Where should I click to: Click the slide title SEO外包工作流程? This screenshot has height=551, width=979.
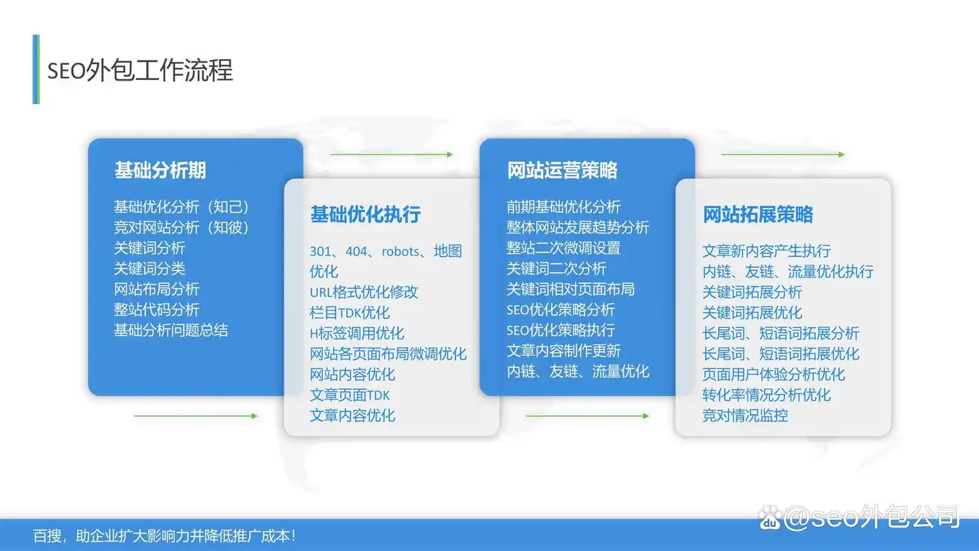(140, 70)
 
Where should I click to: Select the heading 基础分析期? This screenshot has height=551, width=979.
(160, 170)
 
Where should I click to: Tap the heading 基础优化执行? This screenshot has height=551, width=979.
(365, 214)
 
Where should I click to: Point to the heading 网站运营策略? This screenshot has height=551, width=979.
(562, 170)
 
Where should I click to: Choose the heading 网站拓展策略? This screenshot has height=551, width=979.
(757, 214)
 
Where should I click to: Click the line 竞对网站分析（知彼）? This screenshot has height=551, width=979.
(181, 227)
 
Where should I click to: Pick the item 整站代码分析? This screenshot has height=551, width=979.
(156, 310)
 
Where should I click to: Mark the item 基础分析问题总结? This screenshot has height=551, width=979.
(171, 331)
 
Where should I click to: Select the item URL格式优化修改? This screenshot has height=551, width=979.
(364, 292)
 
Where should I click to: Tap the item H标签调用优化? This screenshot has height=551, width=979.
(357, 333)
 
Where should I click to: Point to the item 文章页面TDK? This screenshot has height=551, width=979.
(350, 395)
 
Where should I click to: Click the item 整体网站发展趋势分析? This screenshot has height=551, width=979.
(578, 227)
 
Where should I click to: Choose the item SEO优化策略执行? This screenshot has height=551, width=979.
(560, 331)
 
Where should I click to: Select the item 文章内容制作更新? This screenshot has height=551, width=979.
(563, 351)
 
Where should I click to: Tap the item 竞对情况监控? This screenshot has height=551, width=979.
(745, 415)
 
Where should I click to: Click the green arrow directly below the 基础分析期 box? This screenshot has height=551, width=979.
(196, 416)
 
